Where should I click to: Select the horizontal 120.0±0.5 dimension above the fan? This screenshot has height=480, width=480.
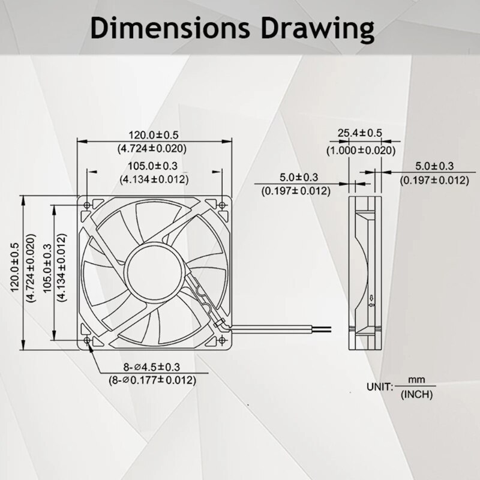(154, 135)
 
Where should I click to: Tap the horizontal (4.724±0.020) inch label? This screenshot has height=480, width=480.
(154, 148)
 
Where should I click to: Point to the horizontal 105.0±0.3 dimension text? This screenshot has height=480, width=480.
(154, 166)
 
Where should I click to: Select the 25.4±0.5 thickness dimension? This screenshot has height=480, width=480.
(360, 133)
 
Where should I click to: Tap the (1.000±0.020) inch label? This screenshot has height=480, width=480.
(361, 151)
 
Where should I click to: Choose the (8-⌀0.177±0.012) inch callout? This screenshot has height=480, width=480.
(152, 380)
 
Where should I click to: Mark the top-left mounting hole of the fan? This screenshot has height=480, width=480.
(88, 205)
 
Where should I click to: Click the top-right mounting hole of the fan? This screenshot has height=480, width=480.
(221, 205)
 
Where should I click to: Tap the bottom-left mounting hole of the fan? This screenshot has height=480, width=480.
(88, 340)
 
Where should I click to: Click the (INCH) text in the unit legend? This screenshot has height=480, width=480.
(416, 394)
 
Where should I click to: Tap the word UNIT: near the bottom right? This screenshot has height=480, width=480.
(380, 387)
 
